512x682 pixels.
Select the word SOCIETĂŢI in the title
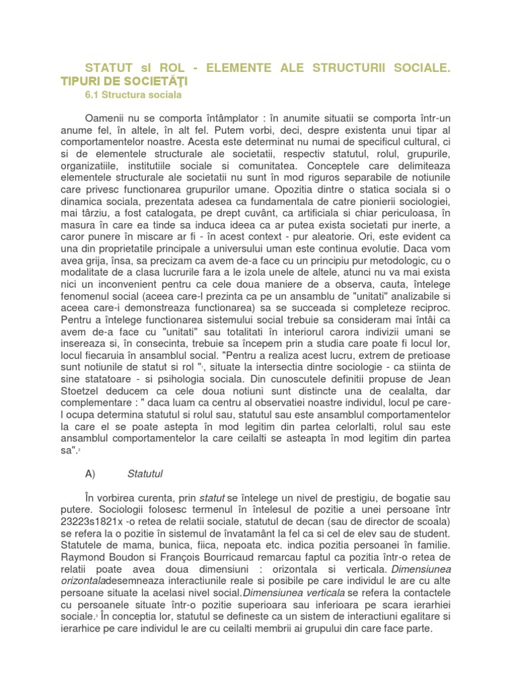click(155, 81)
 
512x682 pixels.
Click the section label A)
click(91, 474)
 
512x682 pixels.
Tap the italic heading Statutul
click(145, 474)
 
